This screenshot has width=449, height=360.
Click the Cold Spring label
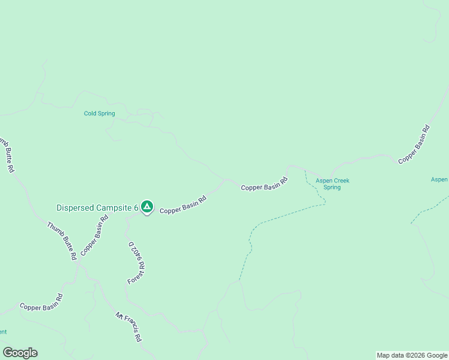(x=99, y=113)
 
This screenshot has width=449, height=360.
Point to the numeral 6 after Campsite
(x=136, y=208)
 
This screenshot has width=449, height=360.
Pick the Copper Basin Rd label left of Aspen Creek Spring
(x=264, y=184)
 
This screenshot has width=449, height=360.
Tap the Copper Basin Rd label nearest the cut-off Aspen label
(x=414, y=144)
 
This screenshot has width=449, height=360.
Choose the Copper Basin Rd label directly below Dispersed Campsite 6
(x=94, y=236)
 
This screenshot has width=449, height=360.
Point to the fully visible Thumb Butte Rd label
(x=62, y=240)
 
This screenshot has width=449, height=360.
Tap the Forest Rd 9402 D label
(x=136, y=263)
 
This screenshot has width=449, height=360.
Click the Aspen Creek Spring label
(x=332, y=184)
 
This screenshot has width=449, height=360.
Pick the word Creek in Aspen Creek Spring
(x=341, y=181)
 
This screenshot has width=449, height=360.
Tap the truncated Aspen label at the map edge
(x=440, y=179)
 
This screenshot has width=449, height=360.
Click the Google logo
(x=20, y=353)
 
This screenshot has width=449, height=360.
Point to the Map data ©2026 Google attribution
(x=412, y=355)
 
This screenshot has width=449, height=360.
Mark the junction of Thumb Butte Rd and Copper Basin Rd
(x=78, y=265)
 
